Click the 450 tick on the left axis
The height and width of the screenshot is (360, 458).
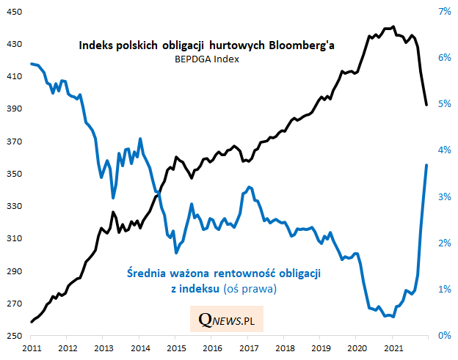15,12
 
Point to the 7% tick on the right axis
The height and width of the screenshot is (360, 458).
443,12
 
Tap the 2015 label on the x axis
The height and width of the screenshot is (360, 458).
175,347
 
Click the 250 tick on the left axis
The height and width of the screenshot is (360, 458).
15,336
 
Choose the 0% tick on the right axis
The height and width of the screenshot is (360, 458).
443,336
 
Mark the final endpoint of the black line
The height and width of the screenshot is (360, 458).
426,105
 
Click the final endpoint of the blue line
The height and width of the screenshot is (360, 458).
426,165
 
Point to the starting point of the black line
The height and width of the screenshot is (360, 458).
32,322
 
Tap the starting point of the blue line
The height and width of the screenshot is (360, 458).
32,64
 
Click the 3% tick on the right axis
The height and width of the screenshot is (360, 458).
443,196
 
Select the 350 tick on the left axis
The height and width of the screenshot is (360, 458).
15,174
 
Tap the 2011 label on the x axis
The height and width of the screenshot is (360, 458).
32,347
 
